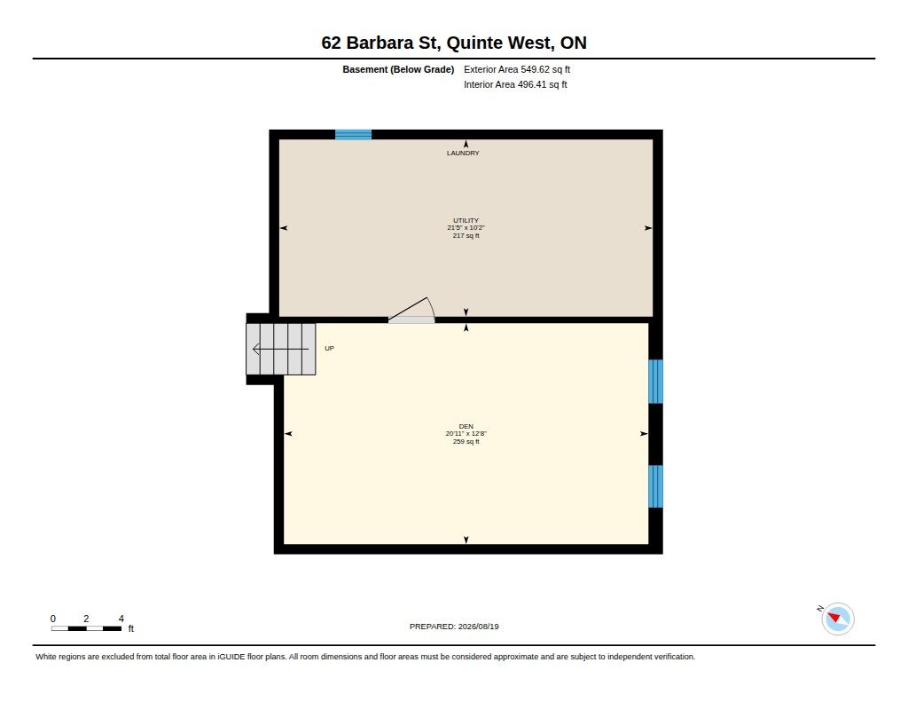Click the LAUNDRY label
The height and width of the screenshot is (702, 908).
pos(463,153)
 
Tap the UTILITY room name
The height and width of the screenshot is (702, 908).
pos(466,220)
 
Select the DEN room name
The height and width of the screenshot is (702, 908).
pos(466,426)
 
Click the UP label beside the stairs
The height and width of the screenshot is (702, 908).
pos(330,349)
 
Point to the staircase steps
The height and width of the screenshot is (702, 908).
pos(281,349)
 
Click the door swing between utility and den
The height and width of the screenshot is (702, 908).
pos(411,310)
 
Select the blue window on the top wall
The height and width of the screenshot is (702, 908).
pos(353,135)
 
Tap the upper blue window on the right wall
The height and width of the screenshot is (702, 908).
pos(655,382)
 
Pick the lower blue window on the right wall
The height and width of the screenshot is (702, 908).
pos(655,486)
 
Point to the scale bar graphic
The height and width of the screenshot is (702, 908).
pos(86,628)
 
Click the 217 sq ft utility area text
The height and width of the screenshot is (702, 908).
pos(466,236)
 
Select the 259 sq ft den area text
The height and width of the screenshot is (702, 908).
pos(466,442)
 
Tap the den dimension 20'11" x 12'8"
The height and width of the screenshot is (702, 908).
pos(466,434)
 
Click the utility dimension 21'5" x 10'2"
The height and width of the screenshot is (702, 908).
pos(466,228)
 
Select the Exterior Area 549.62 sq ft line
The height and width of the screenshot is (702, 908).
pos(517,69)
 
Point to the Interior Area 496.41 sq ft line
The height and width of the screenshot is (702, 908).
pos(515,84)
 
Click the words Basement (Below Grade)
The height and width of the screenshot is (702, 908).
pos(398,69)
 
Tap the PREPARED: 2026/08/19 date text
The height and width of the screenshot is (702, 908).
pos(454,627)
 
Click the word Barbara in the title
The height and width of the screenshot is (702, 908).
pos(380,43)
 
